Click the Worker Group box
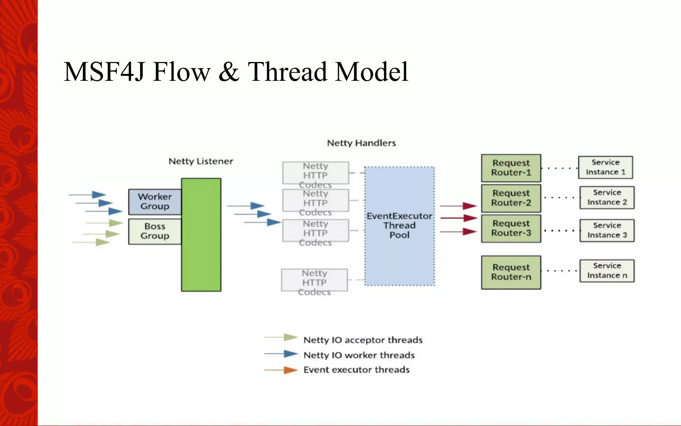[155, 201]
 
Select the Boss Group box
[155, 231]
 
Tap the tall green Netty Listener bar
[201, 235]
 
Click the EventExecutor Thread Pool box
[399, 226]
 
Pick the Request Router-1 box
[511, 168]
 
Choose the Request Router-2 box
[511, 198]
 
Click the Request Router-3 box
[511, 228]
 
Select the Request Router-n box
[511, 272]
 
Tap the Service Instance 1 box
[605, 167]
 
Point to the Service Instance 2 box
[607, 197]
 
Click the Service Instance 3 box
[607, 230]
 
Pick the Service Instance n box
[607, 271]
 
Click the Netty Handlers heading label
[361, 143]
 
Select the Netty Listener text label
[201, 161]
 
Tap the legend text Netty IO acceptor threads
[363, 340]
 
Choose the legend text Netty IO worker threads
[359, 355]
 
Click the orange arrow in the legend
[281, 370]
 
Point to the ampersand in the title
[229, 72]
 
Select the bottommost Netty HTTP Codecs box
[314, 280]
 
